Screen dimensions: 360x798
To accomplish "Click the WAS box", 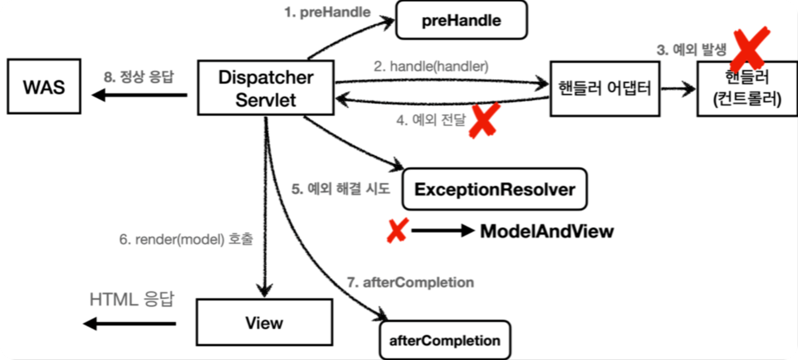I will [x=44, y=87].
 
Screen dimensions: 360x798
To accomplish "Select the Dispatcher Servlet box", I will [x=266, y=88].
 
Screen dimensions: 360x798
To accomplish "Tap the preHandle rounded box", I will [x=461, y=20].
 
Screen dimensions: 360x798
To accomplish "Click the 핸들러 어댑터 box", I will [x=605, y=88].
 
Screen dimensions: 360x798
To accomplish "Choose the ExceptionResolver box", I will [x=494, y=189].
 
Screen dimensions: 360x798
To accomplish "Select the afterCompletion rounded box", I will [x=445, y=340].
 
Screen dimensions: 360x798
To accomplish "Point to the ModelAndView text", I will [x=546, y=231].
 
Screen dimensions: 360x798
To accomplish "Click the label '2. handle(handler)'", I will [x=431, y=67].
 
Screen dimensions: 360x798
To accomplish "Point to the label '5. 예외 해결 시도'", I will [x=341, y=189].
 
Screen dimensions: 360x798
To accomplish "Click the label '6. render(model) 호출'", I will [x=186, y=239].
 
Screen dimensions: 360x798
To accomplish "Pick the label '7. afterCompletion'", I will [x=411, y=282].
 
